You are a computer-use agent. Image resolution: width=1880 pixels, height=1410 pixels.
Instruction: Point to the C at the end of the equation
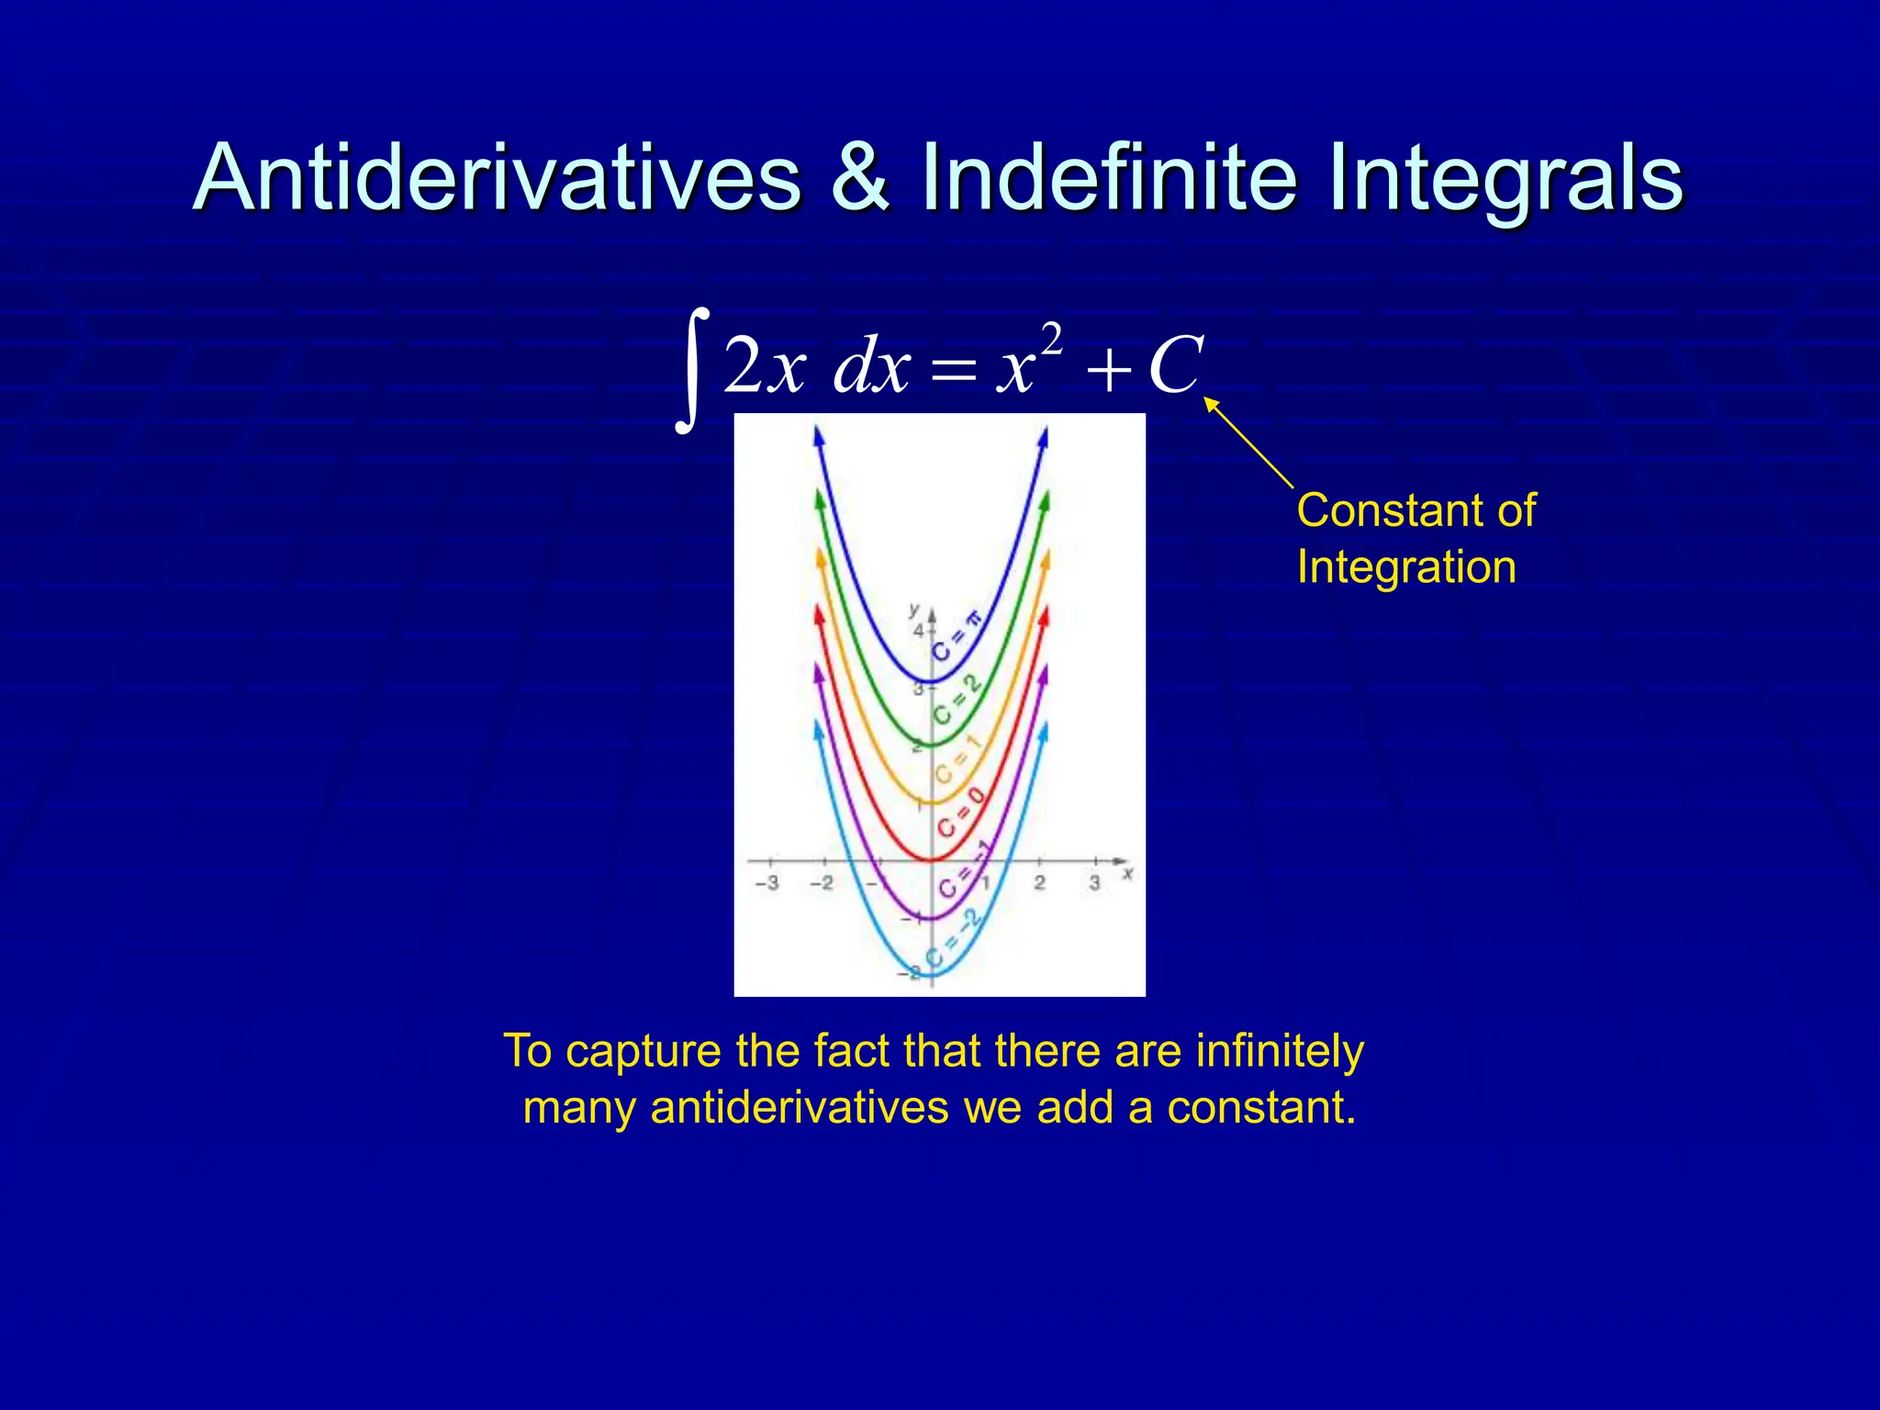pos(1174,365)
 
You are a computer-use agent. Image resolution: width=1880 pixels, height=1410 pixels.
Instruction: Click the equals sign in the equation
pos(949,373)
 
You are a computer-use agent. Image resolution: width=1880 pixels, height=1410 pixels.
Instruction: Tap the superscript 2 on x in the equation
pos(1052,339)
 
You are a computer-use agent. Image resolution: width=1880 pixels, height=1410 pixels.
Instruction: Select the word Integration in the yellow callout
pos(1405,567)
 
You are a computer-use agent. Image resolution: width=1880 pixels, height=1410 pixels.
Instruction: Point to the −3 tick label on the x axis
pos(767,883)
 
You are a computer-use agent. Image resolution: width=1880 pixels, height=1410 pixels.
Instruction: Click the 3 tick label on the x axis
pos(1093,883)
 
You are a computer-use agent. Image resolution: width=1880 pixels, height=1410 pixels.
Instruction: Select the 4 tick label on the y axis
pos(918,632)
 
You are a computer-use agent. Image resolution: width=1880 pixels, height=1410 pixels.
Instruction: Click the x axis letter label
pos(1127,874)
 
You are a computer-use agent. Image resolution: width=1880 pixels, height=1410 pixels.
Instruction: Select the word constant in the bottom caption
pos(1260,1108)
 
